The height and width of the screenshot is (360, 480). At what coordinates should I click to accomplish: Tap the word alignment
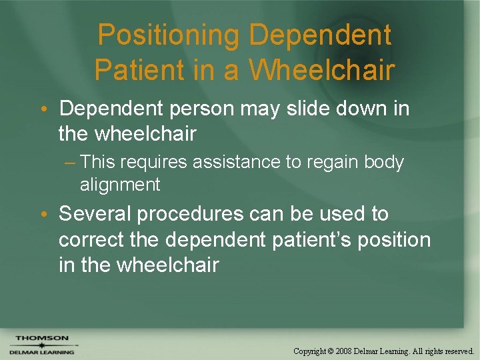120,185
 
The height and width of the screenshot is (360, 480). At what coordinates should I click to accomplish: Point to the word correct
92,239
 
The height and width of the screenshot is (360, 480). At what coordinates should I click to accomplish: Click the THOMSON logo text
41,338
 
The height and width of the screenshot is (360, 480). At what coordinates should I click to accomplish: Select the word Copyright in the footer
311,351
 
